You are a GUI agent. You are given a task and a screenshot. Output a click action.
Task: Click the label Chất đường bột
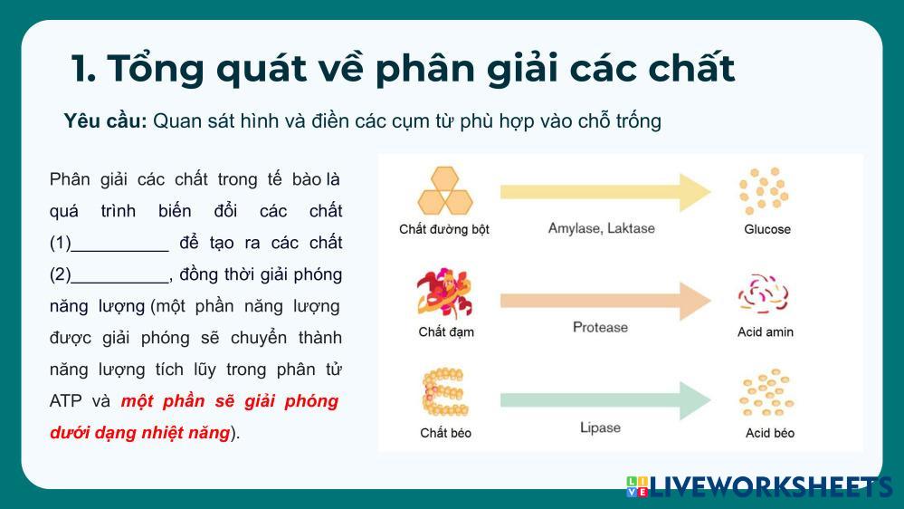point(444,229)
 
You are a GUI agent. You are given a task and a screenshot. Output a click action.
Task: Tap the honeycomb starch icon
point(445,191)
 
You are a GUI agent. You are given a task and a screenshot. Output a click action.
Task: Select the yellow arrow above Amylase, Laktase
point(605,192)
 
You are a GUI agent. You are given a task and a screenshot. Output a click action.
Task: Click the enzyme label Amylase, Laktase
point(602,228)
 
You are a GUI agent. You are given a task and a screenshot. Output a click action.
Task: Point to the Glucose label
point(767,229)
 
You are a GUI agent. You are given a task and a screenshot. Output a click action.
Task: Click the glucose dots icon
point(764,190)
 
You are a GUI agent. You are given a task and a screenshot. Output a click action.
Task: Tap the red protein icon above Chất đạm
point(444,293)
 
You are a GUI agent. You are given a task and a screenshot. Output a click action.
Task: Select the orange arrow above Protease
point(605,301)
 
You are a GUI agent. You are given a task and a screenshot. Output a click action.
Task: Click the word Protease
point(600,327)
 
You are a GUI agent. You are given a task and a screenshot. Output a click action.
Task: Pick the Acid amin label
point(766,331)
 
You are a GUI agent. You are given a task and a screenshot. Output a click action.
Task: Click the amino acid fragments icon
point(763,294)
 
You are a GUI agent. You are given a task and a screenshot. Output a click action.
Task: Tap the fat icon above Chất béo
point(444,392)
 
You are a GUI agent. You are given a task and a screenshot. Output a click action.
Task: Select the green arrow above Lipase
point(605,400)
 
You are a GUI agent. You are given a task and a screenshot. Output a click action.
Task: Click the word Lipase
point(600,427)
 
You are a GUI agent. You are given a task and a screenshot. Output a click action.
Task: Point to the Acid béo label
point(770,433)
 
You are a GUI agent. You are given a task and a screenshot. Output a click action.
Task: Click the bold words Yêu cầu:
point(106,121)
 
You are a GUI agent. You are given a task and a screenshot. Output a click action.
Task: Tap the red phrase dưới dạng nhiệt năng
point(140,432)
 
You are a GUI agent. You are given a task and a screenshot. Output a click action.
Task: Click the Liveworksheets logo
point(759,486)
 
